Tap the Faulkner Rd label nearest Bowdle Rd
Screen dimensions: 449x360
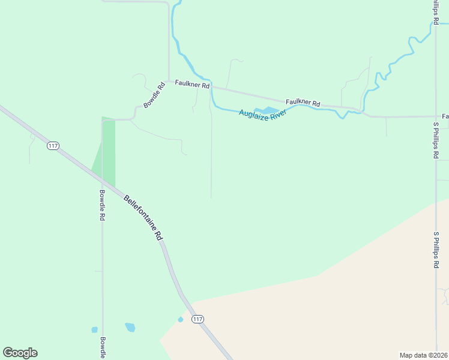click(192, 85)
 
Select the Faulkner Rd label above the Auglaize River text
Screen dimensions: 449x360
click(303, 103)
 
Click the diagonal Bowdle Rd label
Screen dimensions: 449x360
click(154, 95)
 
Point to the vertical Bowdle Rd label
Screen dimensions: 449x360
click(102, 206)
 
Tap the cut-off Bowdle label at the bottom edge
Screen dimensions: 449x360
click(103, 346)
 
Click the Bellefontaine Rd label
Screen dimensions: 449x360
click(143, 217)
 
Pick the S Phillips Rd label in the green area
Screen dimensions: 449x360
click(436, 140)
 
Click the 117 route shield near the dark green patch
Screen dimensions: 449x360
click(53, 146)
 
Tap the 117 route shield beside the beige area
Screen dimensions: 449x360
click(198, 319)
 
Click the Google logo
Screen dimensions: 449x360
click(20, 353)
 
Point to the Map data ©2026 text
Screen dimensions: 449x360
click(423, 355)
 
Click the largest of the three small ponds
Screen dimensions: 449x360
click(130, 327)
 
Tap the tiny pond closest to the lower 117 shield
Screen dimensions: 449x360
click(180, 319)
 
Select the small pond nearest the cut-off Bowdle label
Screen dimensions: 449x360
click(94, 329)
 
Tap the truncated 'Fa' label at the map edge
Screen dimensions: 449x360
click(445, 116)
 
